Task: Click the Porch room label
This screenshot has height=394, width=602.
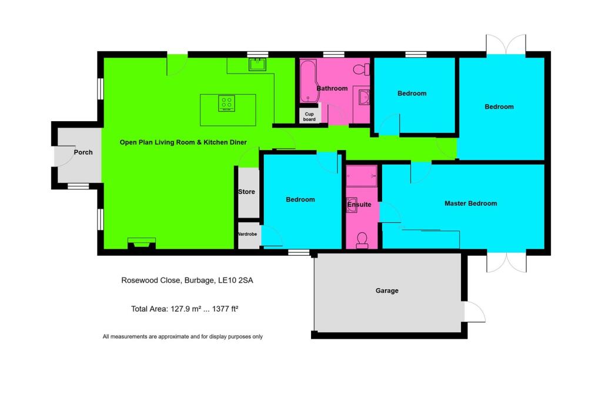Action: (83, 152)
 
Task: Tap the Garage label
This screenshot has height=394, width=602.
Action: (387, 291)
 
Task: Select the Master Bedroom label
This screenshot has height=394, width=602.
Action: (470, 203)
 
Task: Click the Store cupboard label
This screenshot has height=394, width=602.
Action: (247, 192)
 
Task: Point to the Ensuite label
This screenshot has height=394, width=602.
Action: (359, 205)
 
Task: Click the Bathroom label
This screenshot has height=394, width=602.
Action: (332, 88)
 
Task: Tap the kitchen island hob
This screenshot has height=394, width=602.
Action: (227, 103)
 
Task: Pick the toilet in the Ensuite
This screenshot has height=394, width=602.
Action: (362, 239)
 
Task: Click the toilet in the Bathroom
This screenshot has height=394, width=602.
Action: (361, 69)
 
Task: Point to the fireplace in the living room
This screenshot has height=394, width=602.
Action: (142, 243)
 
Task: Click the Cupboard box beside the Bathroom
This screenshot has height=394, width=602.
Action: (309, 116)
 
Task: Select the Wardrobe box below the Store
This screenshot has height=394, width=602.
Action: (248, 234)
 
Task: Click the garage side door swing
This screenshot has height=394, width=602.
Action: (474, 312)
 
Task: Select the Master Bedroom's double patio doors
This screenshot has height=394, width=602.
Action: (506, 262)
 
